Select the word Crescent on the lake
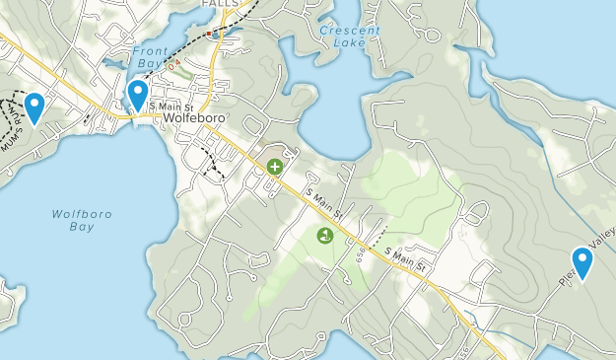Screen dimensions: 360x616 click(350, 30)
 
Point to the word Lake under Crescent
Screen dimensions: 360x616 click(349, 42)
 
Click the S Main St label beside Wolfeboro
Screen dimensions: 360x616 click(176, 104)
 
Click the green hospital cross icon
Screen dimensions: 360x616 click(274, 168)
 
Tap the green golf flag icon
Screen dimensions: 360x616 click(323, 235)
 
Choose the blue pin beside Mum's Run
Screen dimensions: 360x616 click(34, 106)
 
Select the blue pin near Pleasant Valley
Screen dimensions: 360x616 click(582, 261)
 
